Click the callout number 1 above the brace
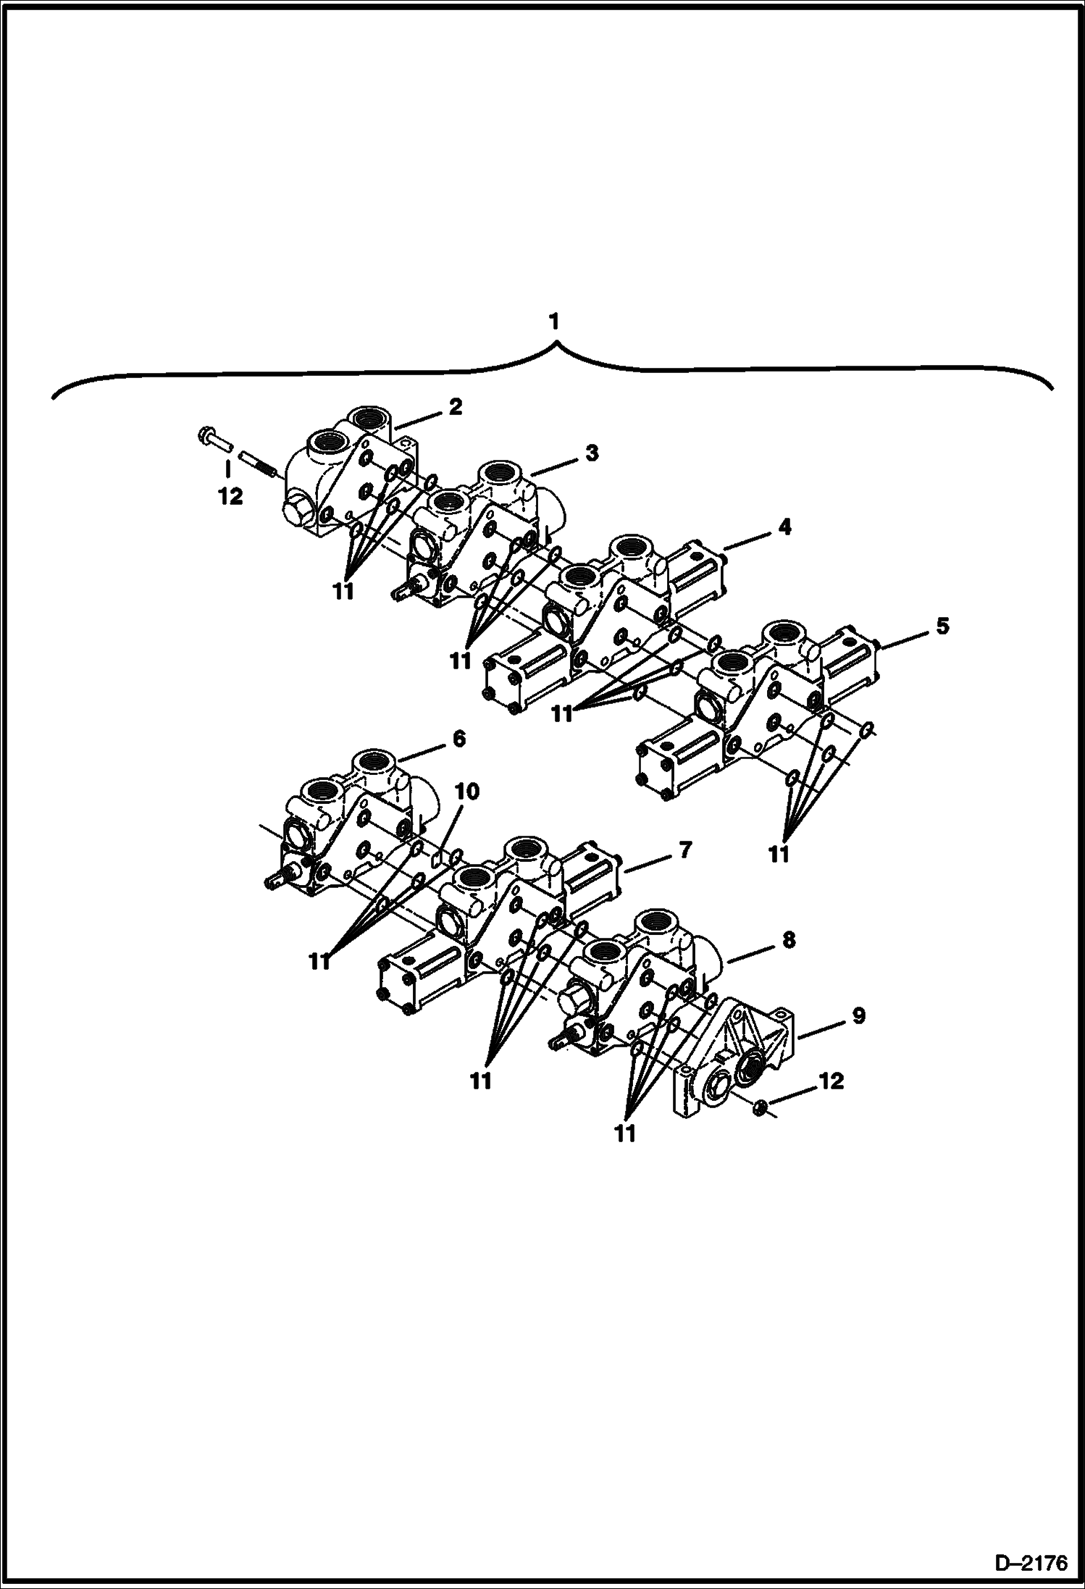554,322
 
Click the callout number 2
455,407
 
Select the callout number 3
592,453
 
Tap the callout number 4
784,527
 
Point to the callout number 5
942,626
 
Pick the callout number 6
458,739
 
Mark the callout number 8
788,940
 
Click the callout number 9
858,1016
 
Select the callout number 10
467,792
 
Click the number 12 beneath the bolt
231,498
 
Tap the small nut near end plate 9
759,1105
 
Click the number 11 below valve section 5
778,855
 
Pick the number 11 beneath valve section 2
343,591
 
